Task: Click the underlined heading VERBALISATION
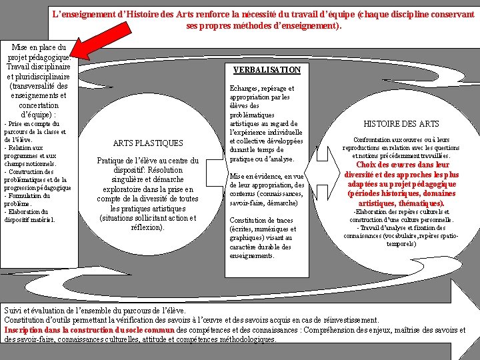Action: pyautogui.click(x=267, y=69)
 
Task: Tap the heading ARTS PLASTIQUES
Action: pyautogui.click(x=148, y=143)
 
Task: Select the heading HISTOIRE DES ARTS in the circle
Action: pyautogui.click(x=401, y=123)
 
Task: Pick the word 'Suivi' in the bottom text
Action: pyautogui.click(x=13, y=311)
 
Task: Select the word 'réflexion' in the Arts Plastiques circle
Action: pyautogui.click(x=145, y=227)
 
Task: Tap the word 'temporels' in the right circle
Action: pyautogui.click(x=401, y=243)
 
